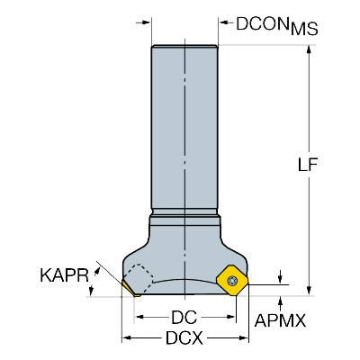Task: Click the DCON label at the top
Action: tap(260, 23)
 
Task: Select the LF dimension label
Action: tap(308, 164)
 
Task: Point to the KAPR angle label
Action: tap(64, 275)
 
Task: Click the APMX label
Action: tap(280, 320)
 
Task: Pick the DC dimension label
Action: tap(184, 317)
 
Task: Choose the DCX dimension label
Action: tap(184, 338)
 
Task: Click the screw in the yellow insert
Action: tap(232, 281)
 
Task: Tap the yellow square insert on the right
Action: tap(232, 281)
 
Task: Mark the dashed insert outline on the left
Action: tap(138, 277)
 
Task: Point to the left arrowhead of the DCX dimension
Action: tap(128, 338)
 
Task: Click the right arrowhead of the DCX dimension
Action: tap(243, 338)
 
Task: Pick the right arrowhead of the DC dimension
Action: tap(230, 317)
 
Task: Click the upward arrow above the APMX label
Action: tap(280, 303)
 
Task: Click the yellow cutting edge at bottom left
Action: tap(130, 289)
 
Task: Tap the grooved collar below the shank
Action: tap(185, 218)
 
